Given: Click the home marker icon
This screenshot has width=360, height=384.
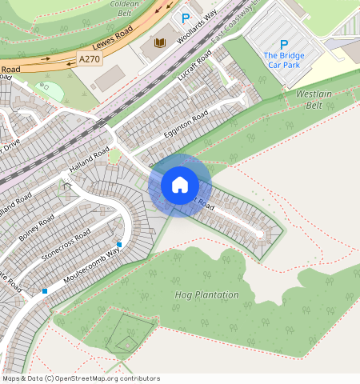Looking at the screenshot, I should click(180, 185).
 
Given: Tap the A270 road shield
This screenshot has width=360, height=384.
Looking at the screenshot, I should click(90, 58).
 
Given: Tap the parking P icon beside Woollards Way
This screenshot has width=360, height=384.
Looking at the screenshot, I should click(186, 18).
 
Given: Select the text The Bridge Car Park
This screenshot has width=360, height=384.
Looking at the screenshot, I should click(282, 60).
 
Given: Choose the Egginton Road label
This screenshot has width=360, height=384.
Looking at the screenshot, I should click(186, 123).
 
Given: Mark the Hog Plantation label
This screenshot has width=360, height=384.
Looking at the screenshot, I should click(206, 294).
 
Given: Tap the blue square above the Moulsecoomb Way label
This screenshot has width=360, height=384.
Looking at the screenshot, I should click(119, 244).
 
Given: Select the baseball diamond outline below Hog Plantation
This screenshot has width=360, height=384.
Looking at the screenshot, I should click(126, 342).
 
